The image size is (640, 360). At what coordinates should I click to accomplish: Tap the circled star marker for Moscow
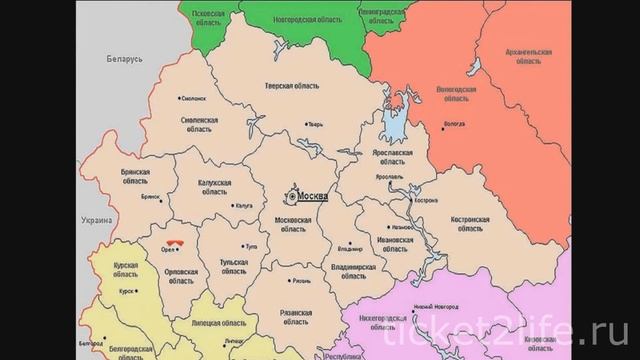pyautogui.click(x=292, y=195)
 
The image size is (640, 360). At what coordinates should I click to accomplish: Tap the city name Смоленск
pyautogui.click(x=192, y=99)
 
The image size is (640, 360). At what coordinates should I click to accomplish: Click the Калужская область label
pyautogui.click(x=216, y=186)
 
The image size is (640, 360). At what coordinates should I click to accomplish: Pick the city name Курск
pyautogui.click(x=127, y=291)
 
